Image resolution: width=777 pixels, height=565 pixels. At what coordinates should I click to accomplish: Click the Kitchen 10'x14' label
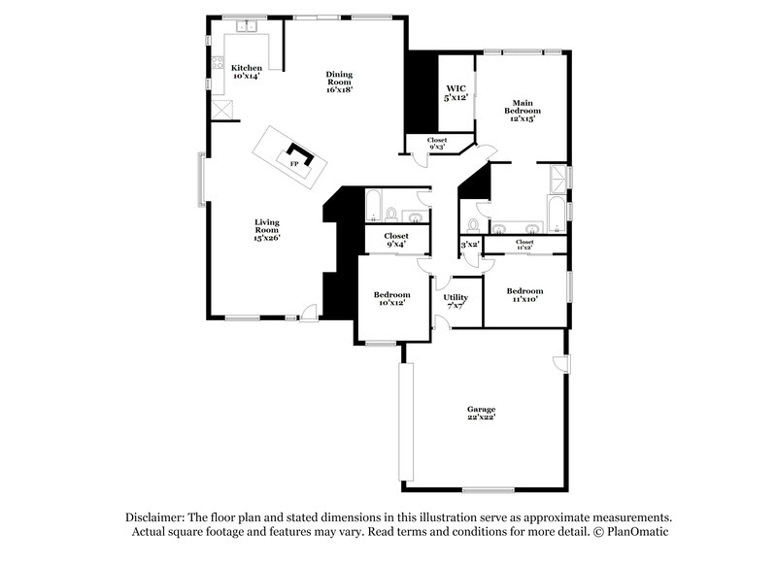[247, 71]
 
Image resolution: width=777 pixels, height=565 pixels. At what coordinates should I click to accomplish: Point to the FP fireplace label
[294, 165]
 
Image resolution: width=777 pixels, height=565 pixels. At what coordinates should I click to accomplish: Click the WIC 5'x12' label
[456, 94]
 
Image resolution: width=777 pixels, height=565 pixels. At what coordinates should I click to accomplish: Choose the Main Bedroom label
[522, 107]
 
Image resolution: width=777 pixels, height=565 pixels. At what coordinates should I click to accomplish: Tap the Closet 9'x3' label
[437, 144]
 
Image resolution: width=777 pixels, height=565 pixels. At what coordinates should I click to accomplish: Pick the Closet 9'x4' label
[396, 239]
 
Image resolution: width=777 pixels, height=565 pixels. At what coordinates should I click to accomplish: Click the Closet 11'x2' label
[524, 243]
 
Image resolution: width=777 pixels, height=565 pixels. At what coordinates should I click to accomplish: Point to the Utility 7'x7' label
[456, 300]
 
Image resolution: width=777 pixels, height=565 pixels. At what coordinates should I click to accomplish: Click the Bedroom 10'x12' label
[392, 298]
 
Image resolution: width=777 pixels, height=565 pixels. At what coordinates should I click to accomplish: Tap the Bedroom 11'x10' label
[524, 294]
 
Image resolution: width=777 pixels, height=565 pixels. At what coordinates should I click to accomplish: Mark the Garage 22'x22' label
[481, 414]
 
